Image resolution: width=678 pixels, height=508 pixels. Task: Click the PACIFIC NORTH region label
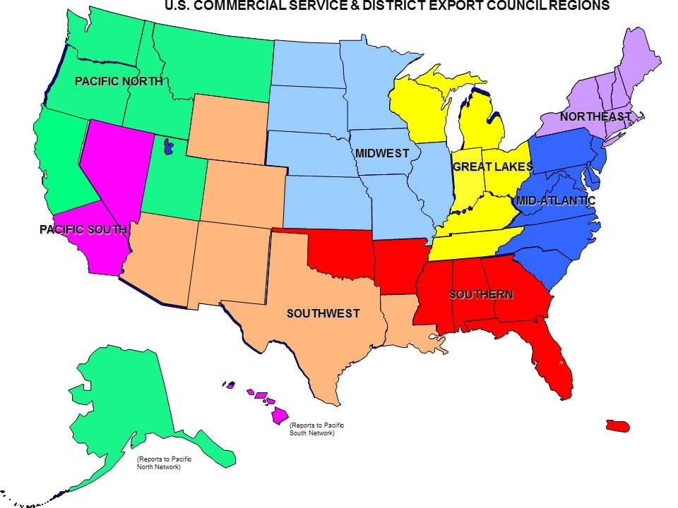[x=119, y=82]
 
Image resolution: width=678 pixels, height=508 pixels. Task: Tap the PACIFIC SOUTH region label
[x=83, y=229]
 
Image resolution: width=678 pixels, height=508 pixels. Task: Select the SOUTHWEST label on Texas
[x=323, y=313]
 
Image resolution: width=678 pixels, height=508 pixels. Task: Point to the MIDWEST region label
[x=382, y=153]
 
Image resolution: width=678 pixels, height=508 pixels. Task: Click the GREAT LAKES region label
[x=492, y=167]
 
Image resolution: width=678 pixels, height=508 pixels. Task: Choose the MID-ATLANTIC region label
[x=556, y=201]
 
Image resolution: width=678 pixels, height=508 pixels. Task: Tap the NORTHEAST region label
[x=595, y=116]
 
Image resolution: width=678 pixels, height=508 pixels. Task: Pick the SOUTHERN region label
[x=481, y=294]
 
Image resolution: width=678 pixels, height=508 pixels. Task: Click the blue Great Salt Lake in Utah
[x=168, y=147]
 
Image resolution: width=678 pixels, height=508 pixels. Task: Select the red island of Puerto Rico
[x=617, y=426]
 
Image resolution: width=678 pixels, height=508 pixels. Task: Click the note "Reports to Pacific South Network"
[x=312, y=429]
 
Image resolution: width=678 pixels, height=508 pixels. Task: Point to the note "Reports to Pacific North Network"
[x=164, y=463]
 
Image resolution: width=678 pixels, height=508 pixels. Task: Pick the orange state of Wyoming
[x=230, y=127]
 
